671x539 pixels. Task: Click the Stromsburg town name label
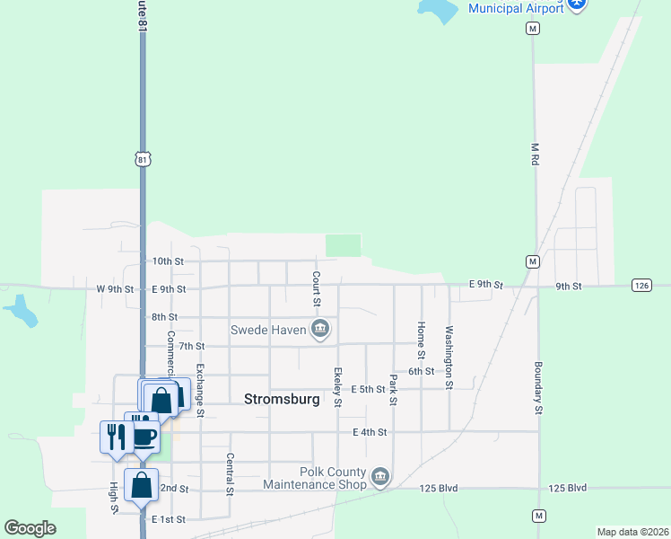[282, 399]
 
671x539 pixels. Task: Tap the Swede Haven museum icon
[320, 331]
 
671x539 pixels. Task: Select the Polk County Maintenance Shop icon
[380, 475]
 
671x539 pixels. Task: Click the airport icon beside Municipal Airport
[578, 4]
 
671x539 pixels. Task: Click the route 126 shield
[640, 286]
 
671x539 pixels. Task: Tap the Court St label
[317, 281]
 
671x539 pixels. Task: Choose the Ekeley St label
[337, 387]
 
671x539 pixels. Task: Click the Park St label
[393, 389]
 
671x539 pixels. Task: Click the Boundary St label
[538, 387]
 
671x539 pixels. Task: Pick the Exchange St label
[200, 390]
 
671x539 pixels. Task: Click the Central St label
[230, 474]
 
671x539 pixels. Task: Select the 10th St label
[167, 261]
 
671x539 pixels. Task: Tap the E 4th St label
[370, 432]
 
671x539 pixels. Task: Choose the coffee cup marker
[145, 437]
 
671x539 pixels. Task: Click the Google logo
[30, 528]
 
